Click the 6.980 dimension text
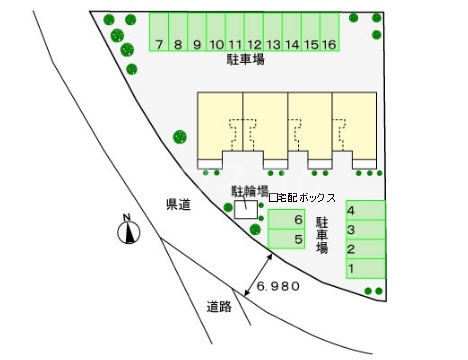tap(278, 286)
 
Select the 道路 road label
tap(220, 306)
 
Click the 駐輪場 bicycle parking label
tap(250, 190)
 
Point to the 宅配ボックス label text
tap(303, 198)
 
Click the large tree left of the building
tap(180, 137)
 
